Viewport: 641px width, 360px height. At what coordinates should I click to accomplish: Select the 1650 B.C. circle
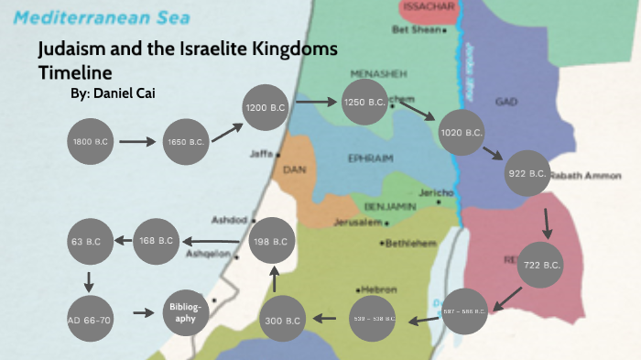[x=186, y=142]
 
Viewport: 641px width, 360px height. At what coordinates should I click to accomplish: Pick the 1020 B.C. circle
[x=462, y=133]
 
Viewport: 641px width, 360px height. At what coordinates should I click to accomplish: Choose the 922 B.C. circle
[x=527, y=173]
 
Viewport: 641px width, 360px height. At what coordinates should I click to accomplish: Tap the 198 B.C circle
[x=274, y=241]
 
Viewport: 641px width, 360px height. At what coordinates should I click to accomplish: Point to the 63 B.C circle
[x=90, y=241]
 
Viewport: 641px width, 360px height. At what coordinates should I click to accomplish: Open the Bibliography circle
[x=184, y=311]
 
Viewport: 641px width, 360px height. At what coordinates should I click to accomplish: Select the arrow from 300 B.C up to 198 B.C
[x=274, y=278]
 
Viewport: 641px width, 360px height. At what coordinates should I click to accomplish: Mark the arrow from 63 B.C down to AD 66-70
[x=90, y=278]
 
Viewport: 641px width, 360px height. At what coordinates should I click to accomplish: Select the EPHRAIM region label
[x=370, y=158]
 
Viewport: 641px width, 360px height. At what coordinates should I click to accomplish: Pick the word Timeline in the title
[x=74, y=71]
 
